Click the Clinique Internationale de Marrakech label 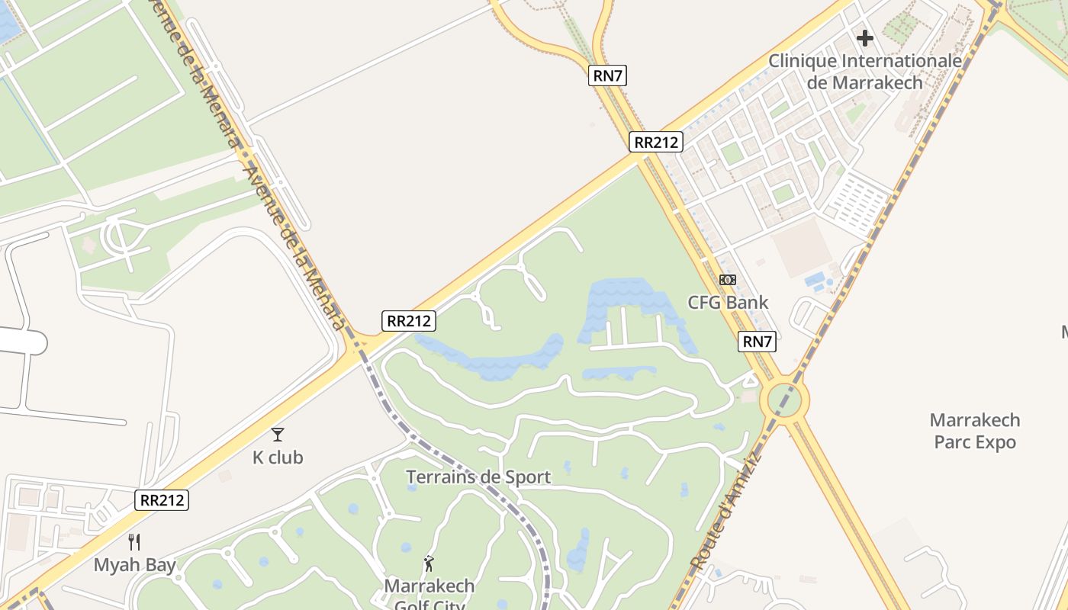tap(865, 71)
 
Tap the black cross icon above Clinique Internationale tap(864, 37)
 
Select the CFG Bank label tap(728, 303)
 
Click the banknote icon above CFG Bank tap(728, 280)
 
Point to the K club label tap(278, 457)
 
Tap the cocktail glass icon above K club tap(278, 435)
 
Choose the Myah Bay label tap(134, 565)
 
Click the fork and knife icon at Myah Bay tap(134, 542)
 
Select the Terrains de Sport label tap(478, 477)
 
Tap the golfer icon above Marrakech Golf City tap(429, 564)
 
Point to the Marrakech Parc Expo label tap(975, 431)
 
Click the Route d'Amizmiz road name tap(725, 511)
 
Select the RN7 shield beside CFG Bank tap(758, 342)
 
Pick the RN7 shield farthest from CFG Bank tap(608, 75)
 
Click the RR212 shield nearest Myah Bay tap(162, 500)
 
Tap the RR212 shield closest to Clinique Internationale tap(656, 142)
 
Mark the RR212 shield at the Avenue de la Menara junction tap(409, 321)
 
